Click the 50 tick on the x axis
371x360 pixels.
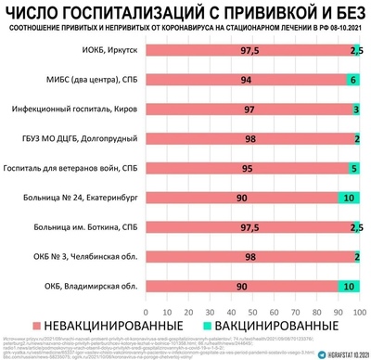pos(250,307)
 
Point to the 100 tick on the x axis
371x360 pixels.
pos(358,307)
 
